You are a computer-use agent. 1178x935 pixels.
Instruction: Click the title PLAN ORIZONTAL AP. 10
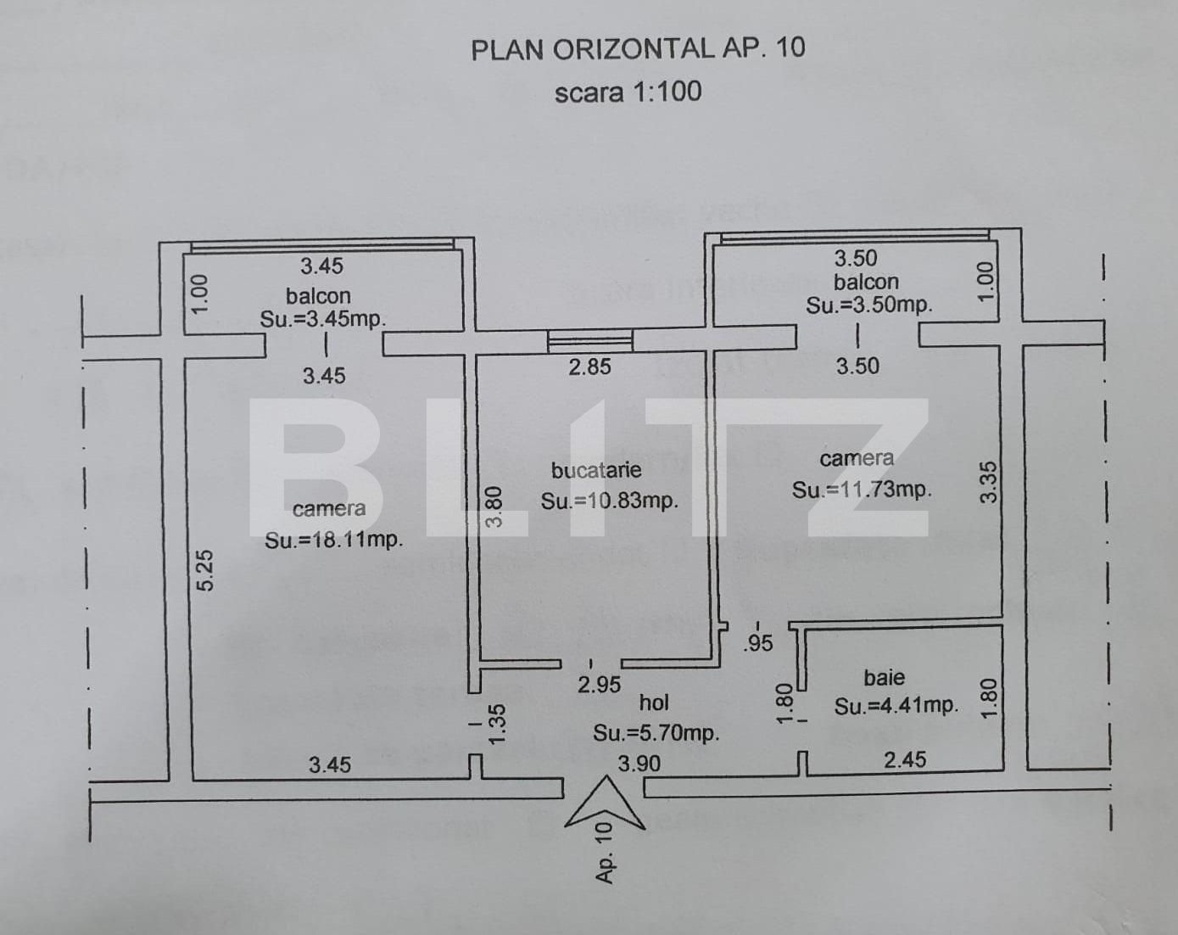click(638, 48)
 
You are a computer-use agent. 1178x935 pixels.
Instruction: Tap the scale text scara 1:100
click(628, 92)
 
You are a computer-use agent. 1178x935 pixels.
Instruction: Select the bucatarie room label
click(596, 470)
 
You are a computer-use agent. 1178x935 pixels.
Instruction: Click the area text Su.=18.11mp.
click(333, 540)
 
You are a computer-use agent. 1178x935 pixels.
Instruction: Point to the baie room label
click(884, 677)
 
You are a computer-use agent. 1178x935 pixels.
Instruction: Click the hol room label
click(654, 703)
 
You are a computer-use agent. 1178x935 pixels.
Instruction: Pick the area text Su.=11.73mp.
click(862, 490)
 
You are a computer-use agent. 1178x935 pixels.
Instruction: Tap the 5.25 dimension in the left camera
click(205, 571)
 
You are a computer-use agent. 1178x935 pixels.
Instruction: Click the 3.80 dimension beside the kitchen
click(494, 507)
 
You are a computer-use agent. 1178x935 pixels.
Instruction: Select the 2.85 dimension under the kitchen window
click(589, 367)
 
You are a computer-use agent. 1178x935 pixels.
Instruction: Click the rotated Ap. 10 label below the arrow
click(604, 853)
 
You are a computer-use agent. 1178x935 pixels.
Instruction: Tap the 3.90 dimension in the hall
click(639, 764)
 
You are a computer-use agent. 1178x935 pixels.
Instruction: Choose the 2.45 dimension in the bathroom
click(905, 759)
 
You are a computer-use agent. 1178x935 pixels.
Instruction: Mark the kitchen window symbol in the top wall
click(590, 341)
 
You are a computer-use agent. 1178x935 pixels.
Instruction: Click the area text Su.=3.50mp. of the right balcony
click(869, 305)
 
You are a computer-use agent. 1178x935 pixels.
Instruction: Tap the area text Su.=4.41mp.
click(896, 706)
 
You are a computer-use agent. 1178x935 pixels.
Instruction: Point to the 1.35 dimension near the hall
click(497, 724)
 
